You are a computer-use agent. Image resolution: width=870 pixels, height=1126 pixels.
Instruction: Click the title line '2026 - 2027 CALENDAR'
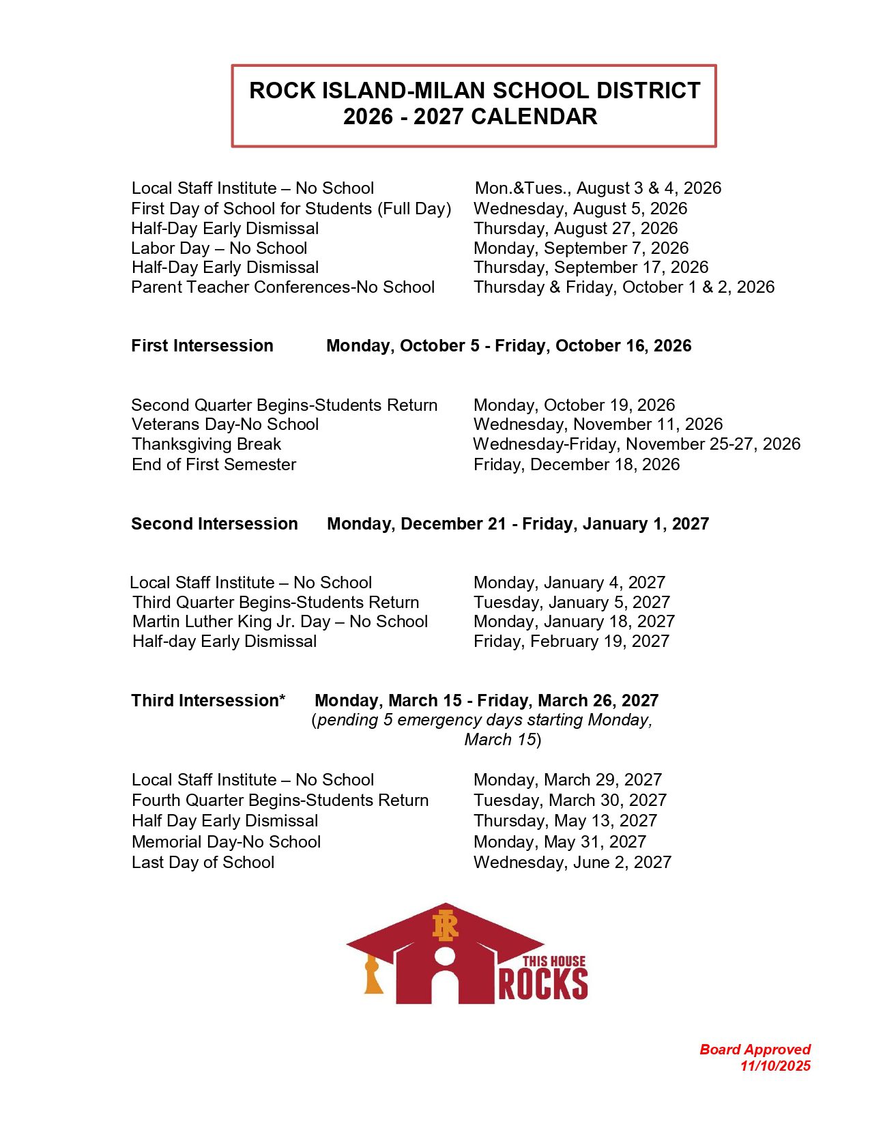pos(470,117)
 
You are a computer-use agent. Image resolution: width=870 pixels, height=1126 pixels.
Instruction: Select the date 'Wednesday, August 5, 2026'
pos(580,209)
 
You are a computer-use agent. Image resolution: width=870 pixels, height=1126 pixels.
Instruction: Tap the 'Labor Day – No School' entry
pos(219,248)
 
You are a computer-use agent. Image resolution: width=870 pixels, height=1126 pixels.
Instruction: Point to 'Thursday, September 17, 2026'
pos(591,268)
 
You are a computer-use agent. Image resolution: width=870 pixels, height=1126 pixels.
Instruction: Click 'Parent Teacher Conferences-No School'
pos(282,287)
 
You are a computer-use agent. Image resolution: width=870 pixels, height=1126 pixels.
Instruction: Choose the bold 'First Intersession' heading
pos(202,346)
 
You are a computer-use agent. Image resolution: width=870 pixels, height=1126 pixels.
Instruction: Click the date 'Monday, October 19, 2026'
pos(574,405)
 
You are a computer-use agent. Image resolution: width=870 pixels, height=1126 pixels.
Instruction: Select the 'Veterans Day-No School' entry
pos(225,424)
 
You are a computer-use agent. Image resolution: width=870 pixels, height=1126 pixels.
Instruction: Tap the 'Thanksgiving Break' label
pos(206,444)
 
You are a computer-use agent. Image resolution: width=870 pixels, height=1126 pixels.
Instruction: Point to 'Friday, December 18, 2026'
pos(577,465)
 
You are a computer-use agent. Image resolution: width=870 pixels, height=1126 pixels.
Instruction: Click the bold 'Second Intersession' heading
pos(214,524)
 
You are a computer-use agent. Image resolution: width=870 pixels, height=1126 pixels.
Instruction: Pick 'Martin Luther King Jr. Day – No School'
pos(280,622)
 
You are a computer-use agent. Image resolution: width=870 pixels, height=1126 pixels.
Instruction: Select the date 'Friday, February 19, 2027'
pos(571,641)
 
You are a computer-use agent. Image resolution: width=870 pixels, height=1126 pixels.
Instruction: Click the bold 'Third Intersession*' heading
pos(208,701)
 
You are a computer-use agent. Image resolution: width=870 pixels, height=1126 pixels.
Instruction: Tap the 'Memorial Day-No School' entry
pos(226,842)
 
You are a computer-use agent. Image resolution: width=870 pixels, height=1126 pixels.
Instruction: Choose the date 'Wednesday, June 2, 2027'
pos(572,863)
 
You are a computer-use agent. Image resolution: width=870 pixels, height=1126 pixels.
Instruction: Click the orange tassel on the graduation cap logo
pos(373,975)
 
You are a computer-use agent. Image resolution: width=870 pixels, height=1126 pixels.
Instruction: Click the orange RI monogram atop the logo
pos(445,925)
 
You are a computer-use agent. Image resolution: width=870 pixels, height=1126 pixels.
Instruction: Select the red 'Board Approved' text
pos(755,1050)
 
